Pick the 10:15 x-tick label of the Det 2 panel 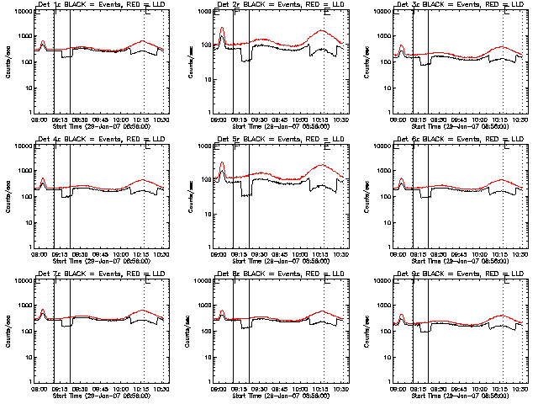[321, 120]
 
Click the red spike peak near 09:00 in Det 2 [222, 28]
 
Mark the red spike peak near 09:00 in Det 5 [222, 162]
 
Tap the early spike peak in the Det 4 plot [42, 178]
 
